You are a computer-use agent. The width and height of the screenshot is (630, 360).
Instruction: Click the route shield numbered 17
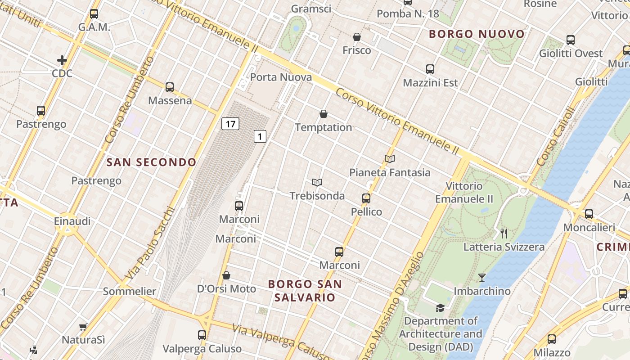pyautogui.click(x=230, y=124)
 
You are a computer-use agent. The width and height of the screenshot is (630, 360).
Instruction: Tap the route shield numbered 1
pyautogui.click(x=260, y=136)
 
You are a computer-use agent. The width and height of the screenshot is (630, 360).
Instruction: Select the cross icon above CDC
pyautogui.click(x=62, y=60)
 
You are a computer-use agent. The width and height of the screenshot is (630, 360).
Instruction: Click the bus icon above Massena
pyautogui.click(x=170, y=87)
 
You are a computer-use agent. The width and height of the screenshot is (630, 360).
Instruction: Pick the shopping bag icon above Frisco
pyautogui.click(x=357, y=37)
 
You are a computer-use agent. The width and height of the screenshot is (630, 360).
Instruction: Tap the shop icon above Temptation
pyautogui.click(x=324, y=114)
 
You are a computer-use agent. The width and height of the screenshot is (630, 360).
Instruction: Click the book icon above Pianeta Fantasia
pyautogui.click(x=390, y=159)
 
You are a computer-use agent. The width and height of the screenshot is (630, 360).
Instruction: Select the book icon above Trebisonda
pyautogui.click(x=317, y=182)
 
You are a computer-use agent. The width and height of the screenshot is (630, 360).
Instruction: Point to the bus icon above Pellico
pyautogui.click(x=366, y=198)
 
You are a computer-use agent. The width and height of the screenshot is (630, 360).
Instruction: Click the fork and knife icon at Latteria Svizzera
pyautogui.click(x=504, y=234)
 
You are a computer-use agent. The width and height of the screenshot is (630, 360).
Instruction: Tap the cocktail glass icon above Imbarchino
pyautogui.click(x=482, y=278)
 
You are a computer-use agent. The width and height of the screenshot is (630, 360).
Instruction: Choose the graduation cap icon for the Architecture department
pyautogui.click(x=440, y=308)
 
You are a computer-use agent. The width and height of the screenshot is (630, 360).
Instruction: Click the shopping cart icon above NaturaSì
pyautogui.click(x=83, y=327)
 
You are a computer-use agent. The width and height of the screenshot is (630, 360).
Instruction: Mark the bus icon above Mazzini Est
pyautogui.click(x=430, y=69)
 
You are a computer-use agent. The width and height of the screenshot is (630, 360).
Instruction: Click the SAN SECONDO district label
pyautogui.click(x=152, y=162)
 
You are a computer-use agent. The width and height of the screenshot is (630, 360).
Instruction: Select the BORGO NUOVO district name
pyautogui.click(x=477, y=34)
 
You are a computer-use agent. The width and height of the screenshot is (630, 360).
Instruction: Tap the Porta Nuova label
pyautogui.click(x=281, y=77)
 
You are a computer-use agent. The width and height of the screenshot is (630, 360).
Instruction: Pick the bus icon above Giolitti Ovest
pyautogui.click(x=571, y=40)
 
